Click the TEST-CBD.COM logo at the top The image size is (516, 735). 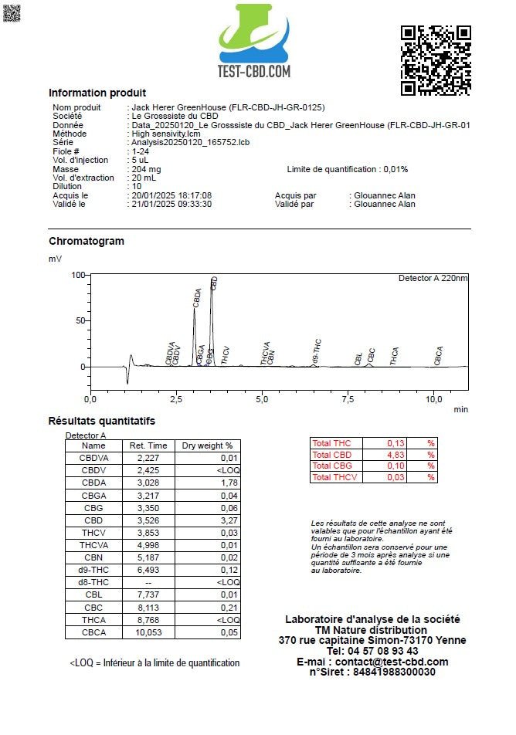click(x=254, y=42)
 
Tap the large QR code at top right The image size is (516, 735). click(x=435, y=60)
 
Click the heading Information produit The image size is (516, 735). click(x=97, y=93)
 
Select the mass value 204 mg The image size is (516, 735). click(x=147, y=169)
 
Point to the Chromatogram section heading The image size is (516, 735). click(x=87, y=241)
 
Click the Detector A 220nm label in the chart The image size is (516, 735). click(x=433, y=278)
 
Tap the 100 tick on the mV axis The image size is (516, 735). click(x=77, y=275)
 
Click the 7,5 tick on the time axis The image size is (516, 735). click(x=349, y=398)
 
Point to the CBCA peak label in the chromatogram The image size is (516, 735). click(x=439, y=355)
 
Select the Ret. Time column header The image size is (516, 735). click(x=148, y=445)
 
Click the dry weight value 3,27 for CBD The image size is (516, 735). click(x=228, y=520)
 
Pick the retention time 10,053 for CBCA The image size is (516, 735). click(x=148, y=632)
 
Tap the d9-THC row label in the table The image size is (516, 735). click(x=93, y=570)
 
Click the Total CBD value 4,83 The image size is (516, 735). click(x=396, y=455)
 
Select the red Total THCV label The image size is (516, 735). click(x=334, y=478)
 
